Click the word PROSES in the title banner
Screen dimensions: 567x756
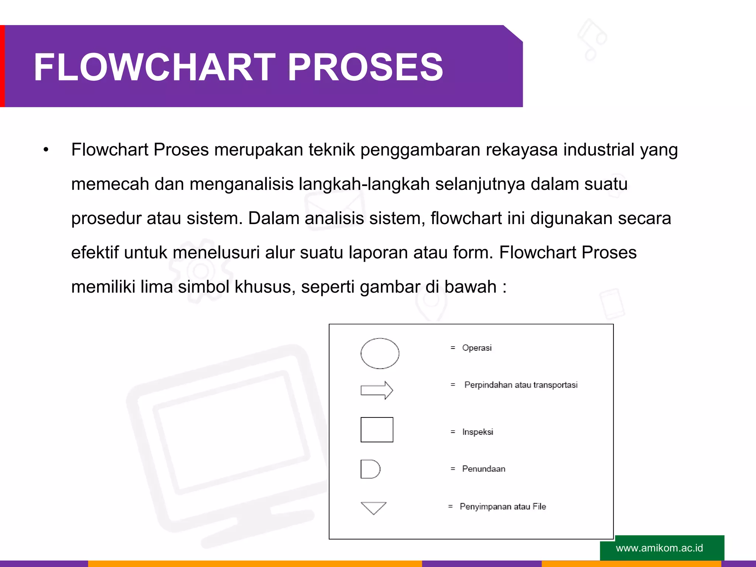[x=365, y=67]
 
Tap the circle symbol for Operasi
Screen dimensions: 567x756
[x=379, y=353]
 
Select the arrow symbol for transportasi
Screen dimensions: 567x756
[x=377, y=390]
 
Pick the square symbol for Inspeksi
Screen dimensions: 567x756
[x=377, y=430]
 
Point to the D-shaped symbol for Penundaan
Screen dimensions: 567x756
[x=370, y=469]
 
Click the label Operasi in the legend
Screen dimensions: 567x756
[x=477, y=348]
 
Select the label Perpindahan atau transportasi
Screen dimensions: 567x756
[x=520, y=385]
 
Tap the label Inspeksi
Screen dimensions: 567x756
[x=477, y=432]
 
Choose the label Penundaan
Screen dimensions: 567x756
[x=484, y=469]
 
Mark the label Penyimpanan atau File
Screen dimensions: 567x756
[x=503, y=506]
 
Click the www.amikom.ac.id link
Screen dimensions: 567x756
[x=659, y=548]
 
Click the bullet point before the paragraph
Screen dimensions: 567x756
[x=46, y=150]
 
